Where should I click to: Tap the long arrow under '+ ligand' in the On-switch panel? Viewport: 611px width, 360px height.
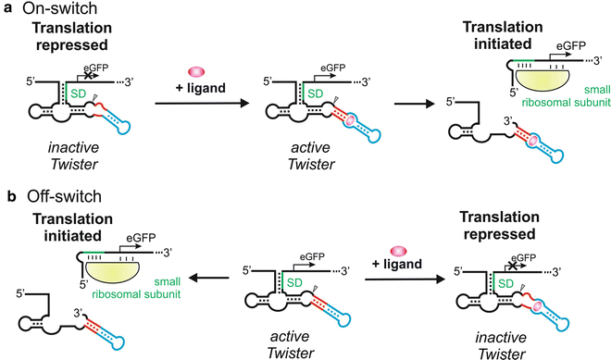pos(196,103)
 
